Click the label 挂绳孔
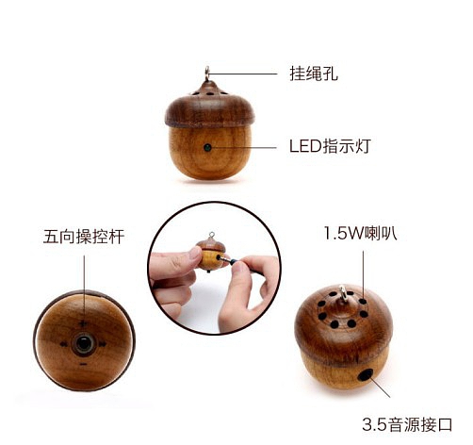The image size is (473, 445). pyautogui.click(x=313, y=73)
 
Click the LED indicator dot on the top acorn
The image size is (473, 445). pyautogui.click(x=207, y=147)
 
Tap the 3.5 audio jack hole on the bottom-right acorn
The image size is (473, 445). pyautogui.click(x=365, y=377)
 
